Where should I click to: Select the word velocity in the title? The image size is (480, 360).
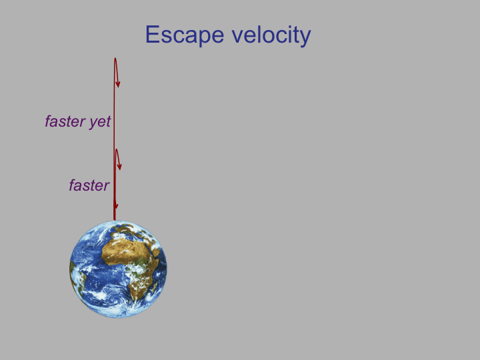click(x=271, y=35)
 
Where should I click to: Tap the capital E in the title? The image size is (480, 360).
click(x=153, y=34)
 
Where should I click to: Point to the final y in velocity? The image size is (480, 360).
click(x=305, y=38)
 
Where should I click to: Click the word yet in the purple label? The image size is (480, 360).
click(x=100, y=122)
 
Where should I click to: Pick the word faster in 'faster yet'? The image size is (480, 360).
click(x=65, y=121)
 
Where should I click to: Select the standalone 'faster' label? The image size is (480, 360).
click(x=89, y=185)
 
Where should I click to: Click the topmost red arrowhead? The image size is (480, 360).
click(x=117, y=83)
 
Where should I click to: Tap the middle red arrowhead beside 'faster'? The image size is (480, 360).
click(x=119, y=165)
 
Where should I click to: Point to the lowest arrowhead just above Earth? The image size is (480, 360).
click(x=116, y=205)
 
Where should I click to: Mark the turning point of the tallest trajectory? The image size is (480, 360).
click(x=115, y=58)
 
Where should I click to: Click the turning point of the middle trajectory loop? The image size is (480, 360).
click(x=116, y=150)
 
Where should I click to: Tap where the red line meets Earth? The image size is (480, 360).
click(x=115, y=221)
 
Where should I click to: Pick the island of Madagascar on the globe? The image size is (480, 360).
click(x=154, y=287)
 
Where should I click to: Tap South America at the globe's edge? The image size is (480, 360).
click(x=75, y=275)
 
